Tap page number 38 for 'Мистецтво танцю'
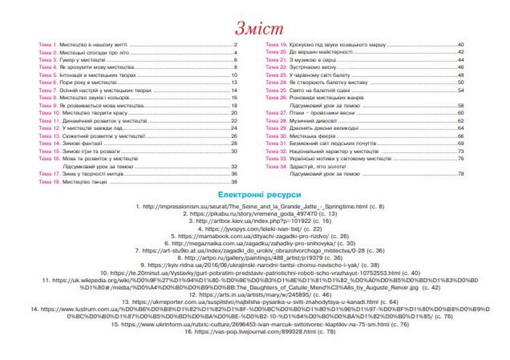click(x=233, y=182)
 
